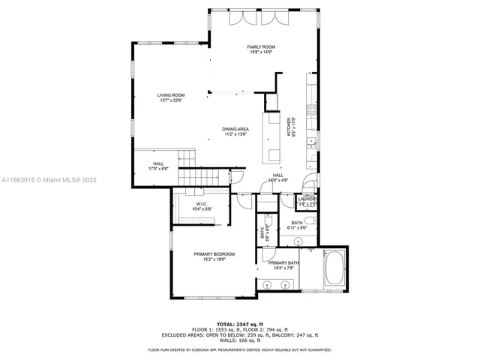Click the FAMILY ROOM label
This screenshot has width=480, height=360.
[x=261, y=46]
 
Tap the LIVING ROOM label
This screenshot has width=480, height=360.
[x=171, y=95]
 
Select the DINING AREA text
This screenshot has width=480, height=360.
[x=235, y=129]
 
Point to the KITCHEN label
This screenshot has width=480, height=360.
[x=288, y=125]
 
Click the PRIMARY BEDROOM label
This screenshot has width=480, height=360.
[x=214, y=254]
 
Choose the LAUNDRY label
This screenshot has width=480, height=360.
[x=307, y=199]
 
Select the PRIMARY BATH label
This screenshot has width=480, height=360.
[x=285, y=262]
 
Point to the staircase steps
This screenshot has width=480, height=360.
[x=203, y=177]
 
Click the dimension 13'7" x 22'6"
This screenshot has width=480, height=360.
[x=171, y=100]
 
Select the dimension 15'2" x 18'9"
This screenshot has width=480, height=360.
[x=214, y=259]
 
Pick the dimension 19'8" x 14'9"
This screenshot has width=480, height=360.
[x=261, y=52]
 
